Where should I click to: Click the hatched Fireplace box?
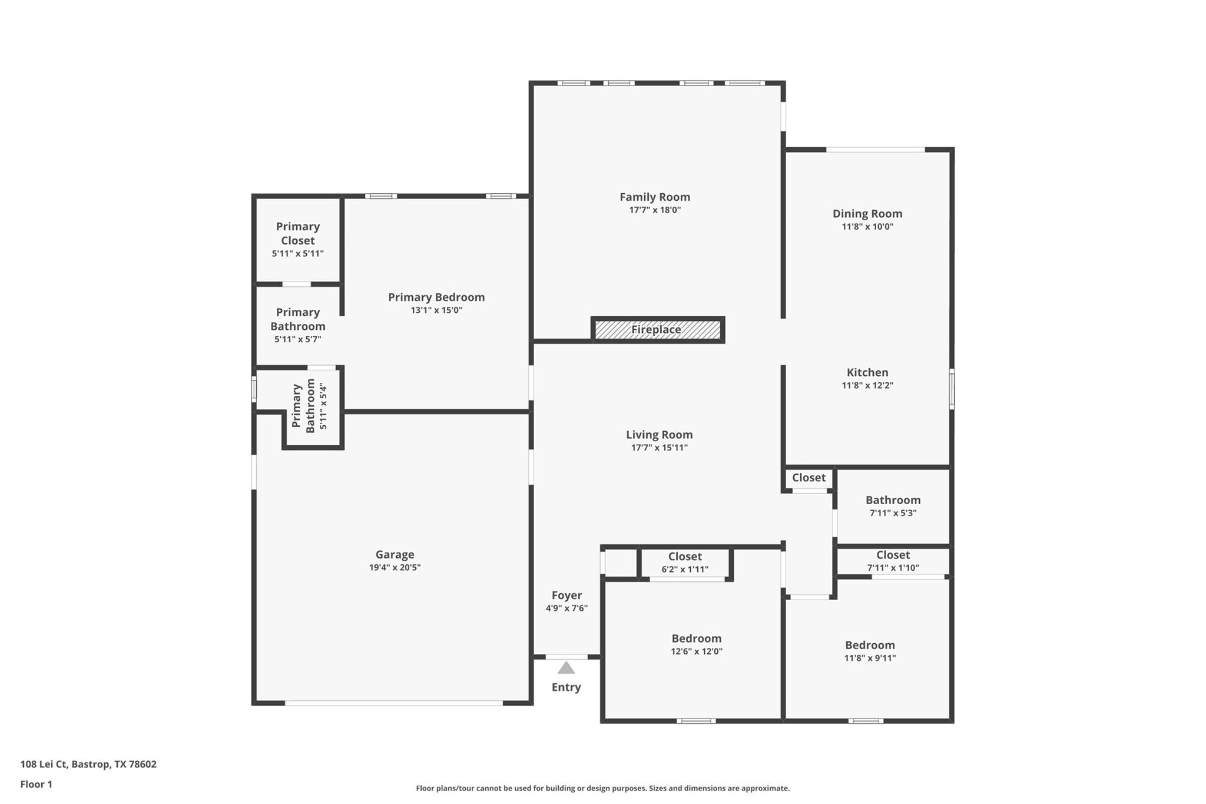tap(657, 330)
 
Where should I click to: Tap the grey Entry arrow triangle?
tap(566, 668)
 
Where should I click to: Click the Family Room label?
tap(654, 197)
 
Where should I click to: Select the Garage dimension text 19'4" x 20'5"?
tap(395, 568)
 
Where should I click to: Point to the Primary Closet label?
tap(298, 233)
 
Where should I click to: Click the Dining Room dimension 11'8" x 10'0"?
tap(867, 227)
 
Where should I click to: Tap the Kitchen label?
tap(867, 372)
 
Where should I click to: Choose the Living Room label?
tap(659, 435)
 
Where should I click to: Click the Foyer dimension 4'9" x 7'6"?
tap(566, 608)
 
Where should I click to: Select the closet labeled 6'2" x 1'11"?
tap(685, 563)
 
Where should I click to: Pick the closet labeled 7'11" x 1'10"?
tap(893, 561)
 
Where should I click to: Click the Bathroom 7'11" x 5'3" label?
tap(893, 500)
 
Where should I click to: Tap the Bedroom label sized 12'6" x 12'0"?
tap(696, 638)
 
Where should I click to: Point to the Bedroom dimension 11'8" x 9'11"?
tap(870, 658)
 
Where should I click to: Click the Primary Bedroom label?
tap(436, 297)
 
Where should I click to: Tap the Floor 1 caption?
tap(37, 785)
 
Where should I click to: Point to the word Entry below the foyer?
tap(566, 687)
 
